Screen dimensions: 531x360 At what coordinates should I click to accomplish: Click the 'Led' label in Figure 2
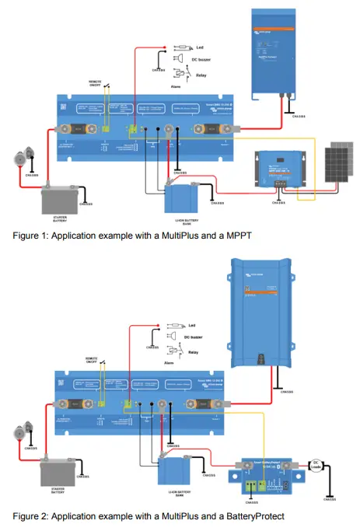pyautogui.click(x=190, y=325)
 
